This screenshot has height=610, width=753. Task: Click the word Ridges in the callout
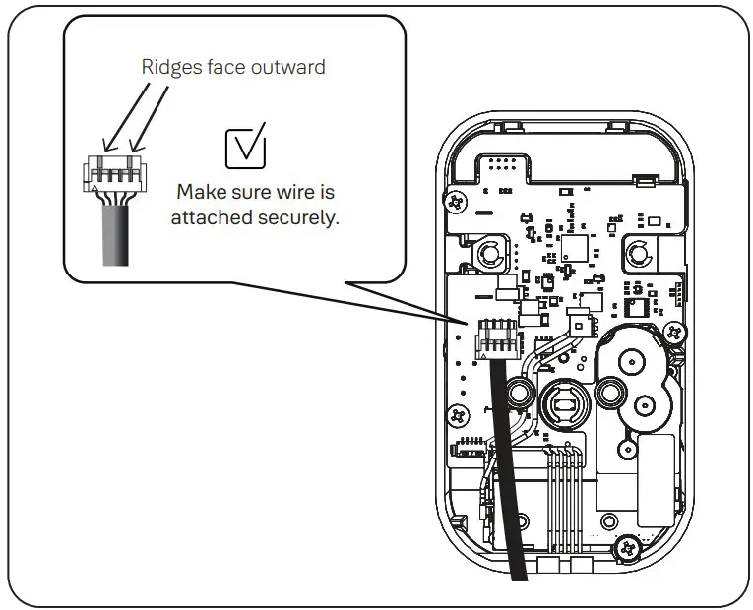[x=164, y=68]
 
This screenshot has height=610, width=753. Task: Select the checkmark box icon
[x=246, y=147]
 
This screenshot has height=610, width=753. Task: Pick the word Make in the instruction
[x=199, y=191]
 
